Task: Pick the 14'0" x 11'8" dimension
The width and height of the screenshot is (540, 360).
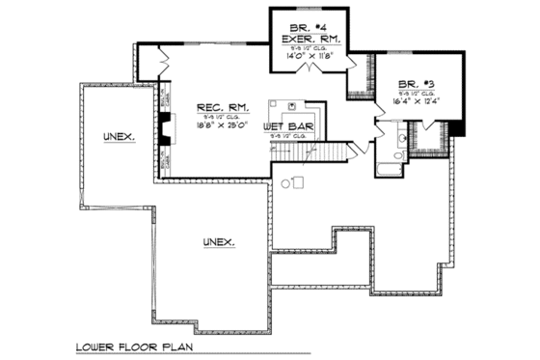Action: click(x=309, y=58)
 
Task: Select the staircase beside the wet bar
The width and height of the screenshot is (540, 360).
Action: click(x=334, y=152)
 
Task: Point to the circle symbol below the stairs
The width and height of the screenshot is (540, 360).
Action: click(x=285, y=183)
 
